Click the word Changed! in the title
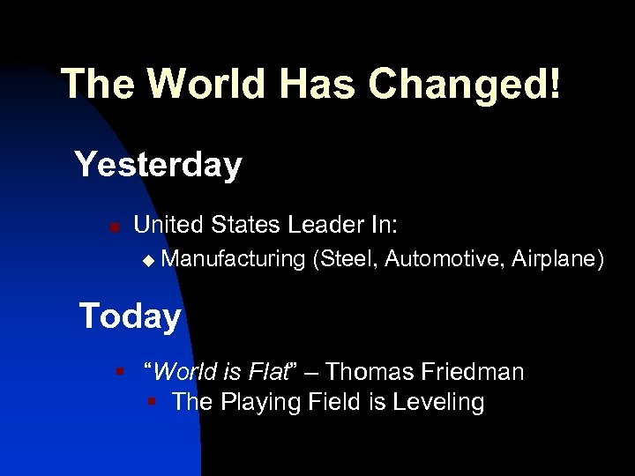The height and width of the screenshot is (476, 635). click(x=464, y=85)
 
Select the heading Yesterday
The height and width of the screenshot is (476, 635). click(x=158, y=165)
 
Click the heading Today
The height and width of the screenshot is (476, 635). click(x=130, y=316)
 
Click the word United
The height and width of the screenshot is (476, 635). click(x=168, y=226)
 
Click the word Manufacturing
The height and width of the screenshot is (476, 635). click(x=234, y=258)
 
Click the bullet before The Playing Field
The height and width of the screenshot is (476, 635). click(x=152, y=403)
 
